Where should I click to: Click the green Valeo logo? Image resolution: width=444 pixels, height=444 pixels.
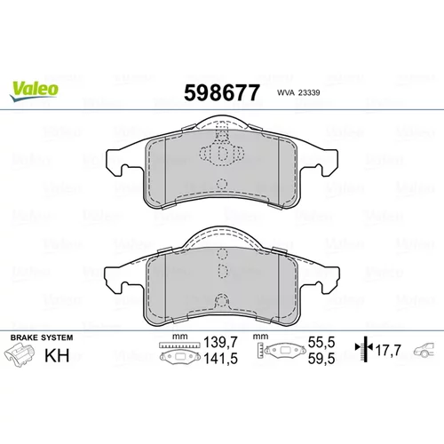tap(34, 91)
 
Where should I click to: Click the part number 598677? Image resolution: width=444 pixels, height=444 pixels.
tap(222, 92)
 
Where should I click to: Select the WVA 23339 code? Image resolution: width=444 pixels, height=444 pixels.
tap(298, 92)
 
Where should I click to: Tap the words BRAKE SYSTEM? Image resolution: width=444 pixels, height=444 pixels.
tap(42, 337)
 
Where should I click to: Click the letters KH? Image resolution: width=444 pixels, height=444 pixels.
tap(57, 355)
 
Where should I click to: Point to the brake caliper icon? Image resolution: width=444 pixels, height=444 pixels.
tap(20, 355)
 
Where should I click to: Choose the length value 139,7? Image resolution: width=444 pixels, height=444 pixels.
tap(220, 343)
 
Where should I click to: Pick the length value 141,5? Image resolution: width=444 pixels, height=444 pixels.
tap(220, 359)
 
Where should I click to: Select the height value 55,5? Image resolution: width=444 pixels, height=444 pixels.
tap(321, 343)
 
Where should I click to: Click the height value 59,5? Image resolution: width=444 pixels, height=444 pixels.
tap(321, 359)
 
